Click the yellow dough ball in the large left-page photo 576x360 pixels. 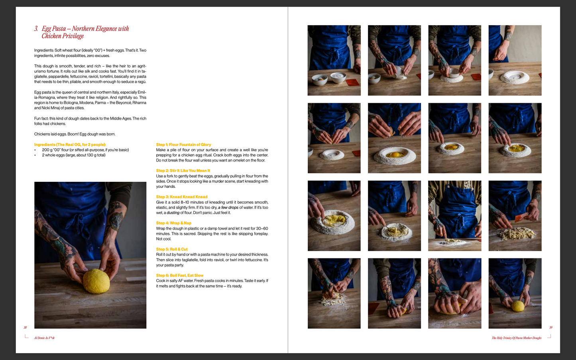click(96, 281)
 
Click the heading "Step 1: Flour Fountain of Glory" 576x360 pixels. click(183, 144)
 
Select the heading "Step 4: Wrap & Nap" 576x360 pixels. click(173, 223)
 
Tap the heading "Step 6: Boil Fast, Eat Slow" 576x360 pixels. click(179, 275)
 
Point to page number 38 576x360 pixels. click(25, 328)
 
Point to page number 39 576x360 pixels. click(550, 328)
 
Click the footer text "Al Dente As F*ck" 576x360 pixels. click(44, 338)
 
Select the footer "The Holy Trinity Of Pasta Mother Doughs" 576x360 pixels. click(516, 338)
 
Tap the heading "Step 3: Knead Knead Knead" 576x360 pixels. click(181, 197)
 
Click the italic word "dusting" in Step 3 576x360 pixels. click(173, 212)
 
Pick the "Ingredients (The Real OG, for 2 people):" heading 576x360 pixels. click(70, 144)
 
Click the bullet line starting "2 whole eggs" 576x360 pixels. click(73, 155)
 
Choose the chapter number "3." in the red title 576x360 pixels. click(36, 29)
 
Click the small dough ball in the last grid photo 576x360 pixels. click(518, 306)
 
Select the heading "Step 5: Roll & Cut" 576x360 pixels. click(172, 249)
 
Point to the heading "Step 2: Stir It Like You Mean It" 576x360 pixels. click(183, 171)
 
